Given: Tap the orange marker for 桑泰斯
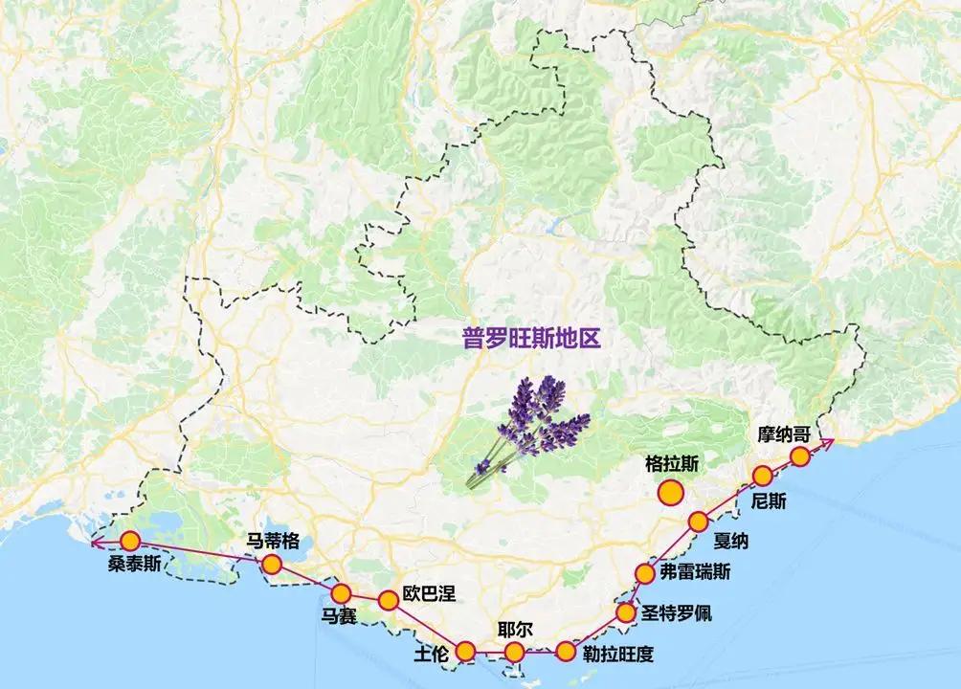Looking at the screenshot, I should pos(129,541).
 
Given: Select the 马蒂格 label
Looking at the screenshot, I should pos(273,539).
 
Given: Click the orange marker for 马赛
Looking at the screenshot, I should pos(341,593).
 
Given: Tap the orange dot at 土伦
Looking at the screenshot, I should pos(465,652).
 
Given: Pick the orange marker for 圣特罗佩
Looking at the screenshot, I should pos(626,612).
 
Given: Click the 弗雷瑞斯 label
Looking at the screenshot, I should pos(696,573).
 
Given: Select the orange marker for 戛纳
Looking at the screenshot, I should pos(698,522).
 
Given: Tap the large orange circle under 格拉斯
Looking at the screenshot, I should pos(670,494).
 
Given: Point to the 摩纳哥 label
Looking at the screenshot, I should pos(784,433).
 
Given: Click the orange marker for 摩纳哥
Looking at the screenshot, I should pos(799,456).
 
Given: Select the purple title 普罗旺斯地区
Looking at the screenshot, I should pos(530,339).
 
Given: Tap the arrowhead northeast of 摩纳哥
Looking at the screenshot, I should pos(829,440).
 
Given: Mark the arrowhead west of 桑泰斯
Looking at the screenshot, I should pos(95,544).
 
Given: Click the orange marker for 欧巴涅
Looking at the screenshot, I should pos(388,601).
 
